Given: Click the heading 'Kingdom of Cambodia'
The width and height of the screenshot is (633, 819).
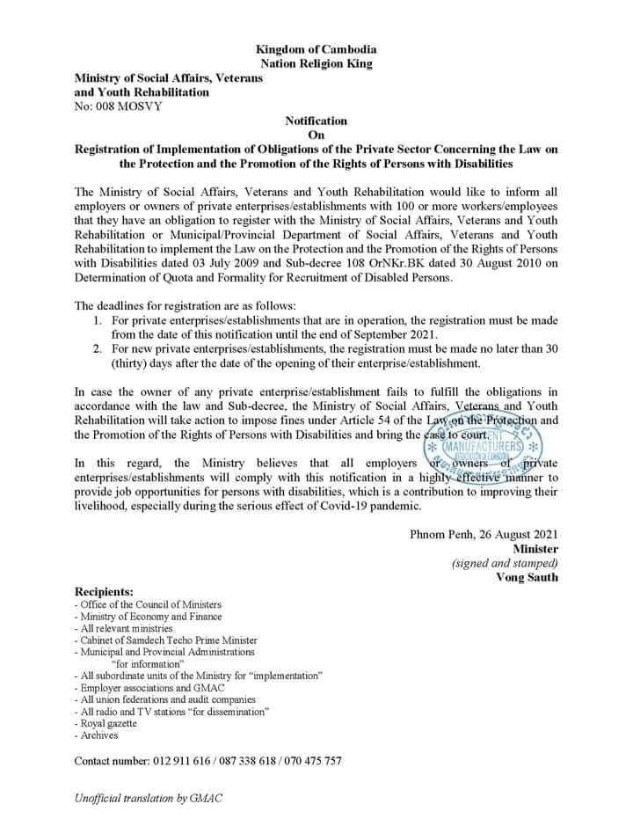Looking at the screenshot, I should tap(316, 47).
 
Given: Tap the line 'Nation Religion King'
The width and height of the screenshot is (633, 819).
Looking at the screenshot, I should tap(316, 62).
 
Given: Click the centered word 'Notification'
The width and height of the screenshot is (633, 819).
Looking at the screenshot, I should tap(316, 121).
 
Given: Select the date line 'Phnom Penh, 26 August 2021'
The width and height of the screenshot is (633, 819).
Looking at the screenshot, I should tap(483, 534).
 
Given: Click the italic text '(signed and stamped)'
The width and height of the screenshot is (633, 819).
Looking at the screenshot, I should tap(504, 563).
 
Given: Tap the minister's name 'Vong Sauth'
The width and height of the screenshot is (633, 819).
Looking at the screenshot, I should tap(527, 578).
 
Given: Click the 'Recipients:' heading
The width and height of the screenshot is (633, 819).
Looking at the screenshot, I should tap(105, 591).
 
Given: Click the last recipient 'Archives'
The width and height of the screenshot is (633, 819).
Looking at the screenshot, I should tap(98, 735).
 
